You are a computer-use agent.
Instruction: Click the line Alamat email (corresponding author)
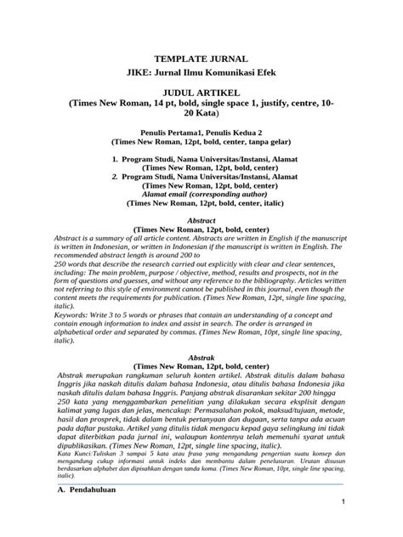click(201, 195)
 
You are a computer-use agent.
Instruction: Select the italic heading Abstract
click(201, 219)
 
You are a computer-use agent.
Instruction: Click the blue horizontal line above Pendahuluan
click(201, 483)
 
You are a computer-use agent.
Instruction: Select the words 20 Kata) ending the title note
click(201, 112)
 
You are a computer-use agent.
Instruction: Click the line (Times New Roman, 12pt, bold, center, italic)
click(201, 204)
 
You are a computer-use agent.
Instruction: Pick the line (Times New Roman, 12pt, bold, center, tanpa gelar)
click(201, 144)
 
